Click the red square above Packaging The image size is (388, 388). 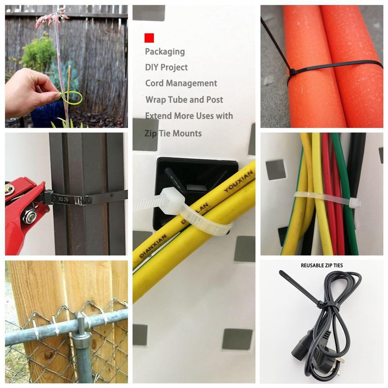pyautogui.click(x=149, y=37)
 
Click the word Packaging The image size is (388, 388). pyautogui.click(x=165, y=51)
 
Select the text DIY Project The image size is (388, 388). pyautogui.click(x=166, y=67)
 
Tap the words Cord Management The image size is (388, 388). pyautogui.click(x=181, y=83)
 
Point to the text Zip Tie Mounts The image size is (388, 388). pyautogui.click(x=173, y=133)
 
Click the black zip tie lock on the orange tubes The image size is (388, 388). pyautogui.click(x=292, y=72)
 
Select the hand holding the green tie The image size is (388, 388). pyautogui.click(x=29, y=92)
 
